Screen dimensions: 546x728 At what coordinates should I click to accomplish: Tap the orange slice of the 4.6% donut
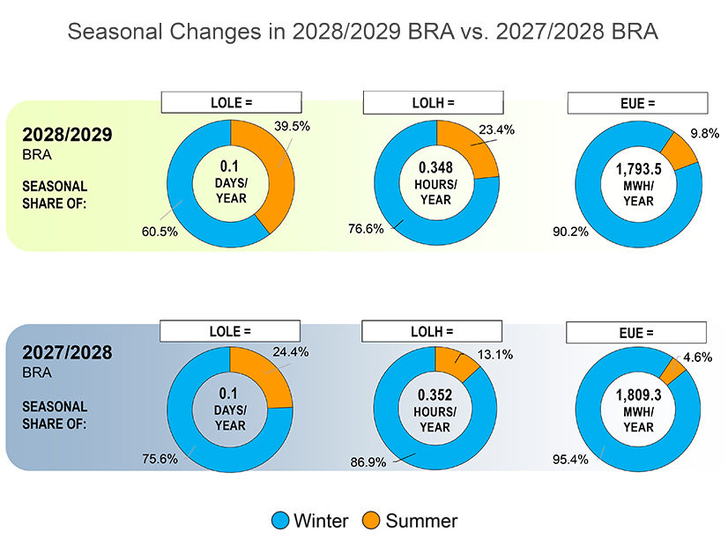click(x=672, y=372)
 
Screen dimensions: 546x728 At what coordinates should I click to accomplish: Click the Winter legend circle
click(x=281, y=520)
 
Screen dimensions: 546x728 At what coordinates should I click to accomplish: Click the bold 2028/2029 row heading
click(x=68, y=137)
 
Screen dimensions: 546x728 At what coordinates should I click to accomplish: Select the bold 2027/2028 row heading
click(x=68, y=354)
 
